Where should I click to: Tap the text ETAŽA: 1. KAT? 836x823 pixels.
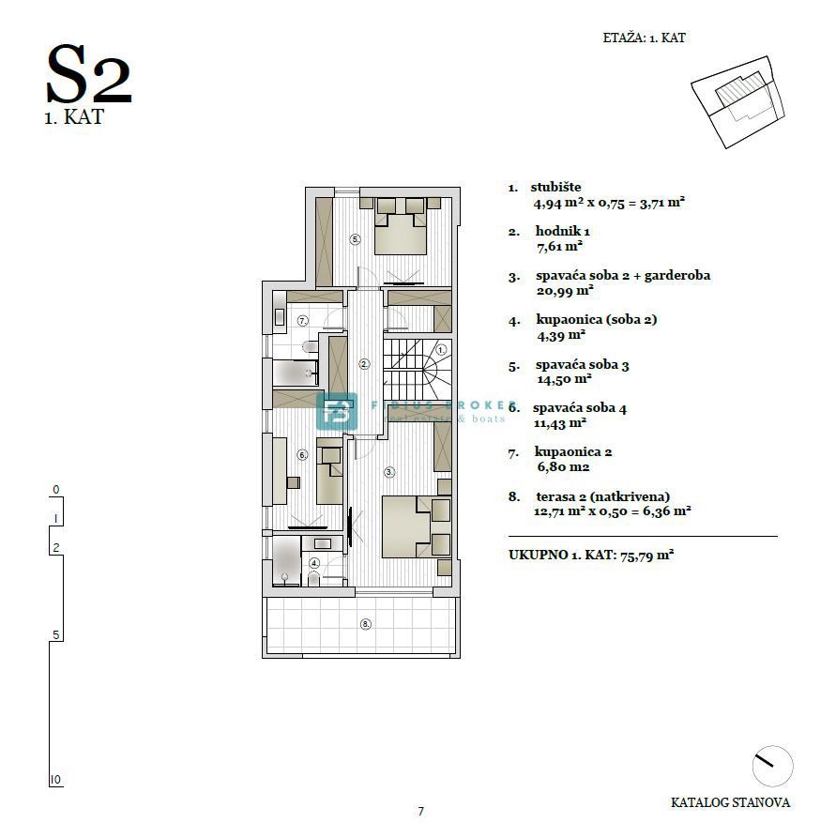point(644,38)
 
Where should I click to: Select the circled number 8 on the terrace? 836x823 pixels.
point(366,623)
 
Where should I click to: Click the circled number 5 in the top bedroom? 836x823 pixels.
point(356,239)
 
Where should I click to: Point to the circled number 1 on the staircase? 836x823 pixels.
point(441,349)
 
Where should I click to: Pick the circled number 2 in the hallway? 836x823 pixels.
point(365,363)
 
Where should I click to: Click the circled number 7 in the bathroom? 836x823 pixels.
point(303,320)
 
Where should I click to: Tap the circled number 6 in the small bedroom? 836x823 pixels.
point(302,455)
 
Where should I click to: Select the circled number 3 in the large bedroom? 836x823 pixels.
point(388,472)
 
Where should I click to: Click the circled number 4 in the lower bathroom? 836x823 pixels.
point(314,563)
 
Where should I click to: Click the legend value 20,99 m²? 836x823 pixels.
point(559,291)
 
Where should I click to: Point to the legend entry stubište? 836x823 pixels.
point(555,187)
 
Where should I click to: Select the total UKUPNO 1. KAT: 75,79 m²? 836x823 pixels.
point(591,555)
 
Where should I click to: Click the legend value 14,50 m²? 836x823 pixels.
point(563,378)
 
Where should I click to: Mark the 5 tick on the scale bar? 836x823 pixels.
point(55,635)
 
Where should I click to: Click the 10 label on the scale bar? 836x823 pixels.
point(56,780)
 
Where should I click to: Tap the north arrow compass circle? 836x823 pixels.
point(772,765)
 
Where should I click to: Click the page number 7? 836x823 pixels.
point(421,812)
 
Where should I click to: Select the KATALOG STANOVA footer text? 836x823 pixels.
point(730,802)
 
